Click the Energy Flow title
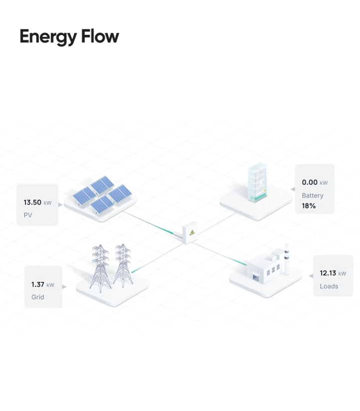(x=69, y=37)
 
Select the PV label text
(x=28, y=215)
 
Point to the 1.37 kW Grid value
(x=42, y=284)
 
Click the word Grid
(x=37, y=297)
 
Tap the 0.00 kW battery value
(x=315, y=183)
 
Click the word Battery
(x=313, y=195)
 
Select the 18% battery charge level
(x=309, y=206)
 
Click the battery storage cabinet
(x=259, y=184)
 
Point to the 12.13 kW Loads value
(x=333, y=274)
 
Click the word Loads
(x=329, y=286)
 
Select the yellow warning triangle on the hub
(x=192, y=233)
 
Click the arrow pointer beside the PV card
(x=61, y=204)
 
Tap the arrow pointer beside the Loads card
(x=311, y=275)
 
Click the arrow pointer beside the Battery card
(x=293, y=189)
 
